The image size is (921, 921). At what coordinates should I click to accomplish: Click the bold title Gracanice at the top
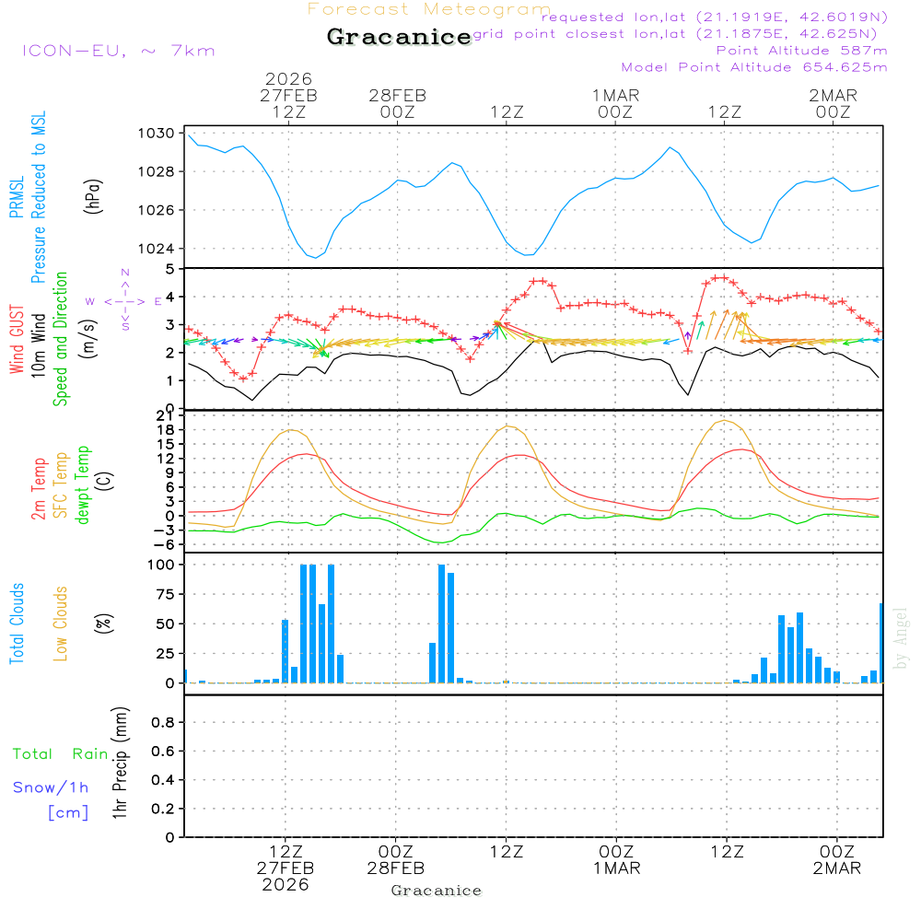point(399,37)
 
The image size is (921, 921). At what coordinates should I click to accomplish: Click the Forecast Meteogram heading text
point(429,9)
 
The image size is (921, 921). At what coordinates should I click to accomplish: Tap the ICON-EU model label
point(118,51)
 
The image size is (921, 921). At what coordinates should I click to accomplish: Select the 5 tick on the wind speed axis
point(169,269)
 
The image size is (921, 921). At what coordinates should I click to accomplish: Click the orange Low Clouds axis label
point(61,624)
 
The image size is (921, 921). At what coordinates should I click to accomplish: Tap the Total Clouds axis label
point(17,624)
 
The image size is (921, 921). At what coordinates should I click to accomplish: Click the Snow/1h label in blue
point(51,787)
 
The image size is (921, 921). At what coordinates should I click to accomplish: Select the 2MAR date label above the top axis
point(834,95)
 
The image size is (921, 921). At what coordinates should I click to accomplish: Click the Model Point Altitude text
point(754,67)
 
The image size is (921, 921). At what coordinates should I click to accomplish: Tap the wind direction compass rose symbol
point(124,300)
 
